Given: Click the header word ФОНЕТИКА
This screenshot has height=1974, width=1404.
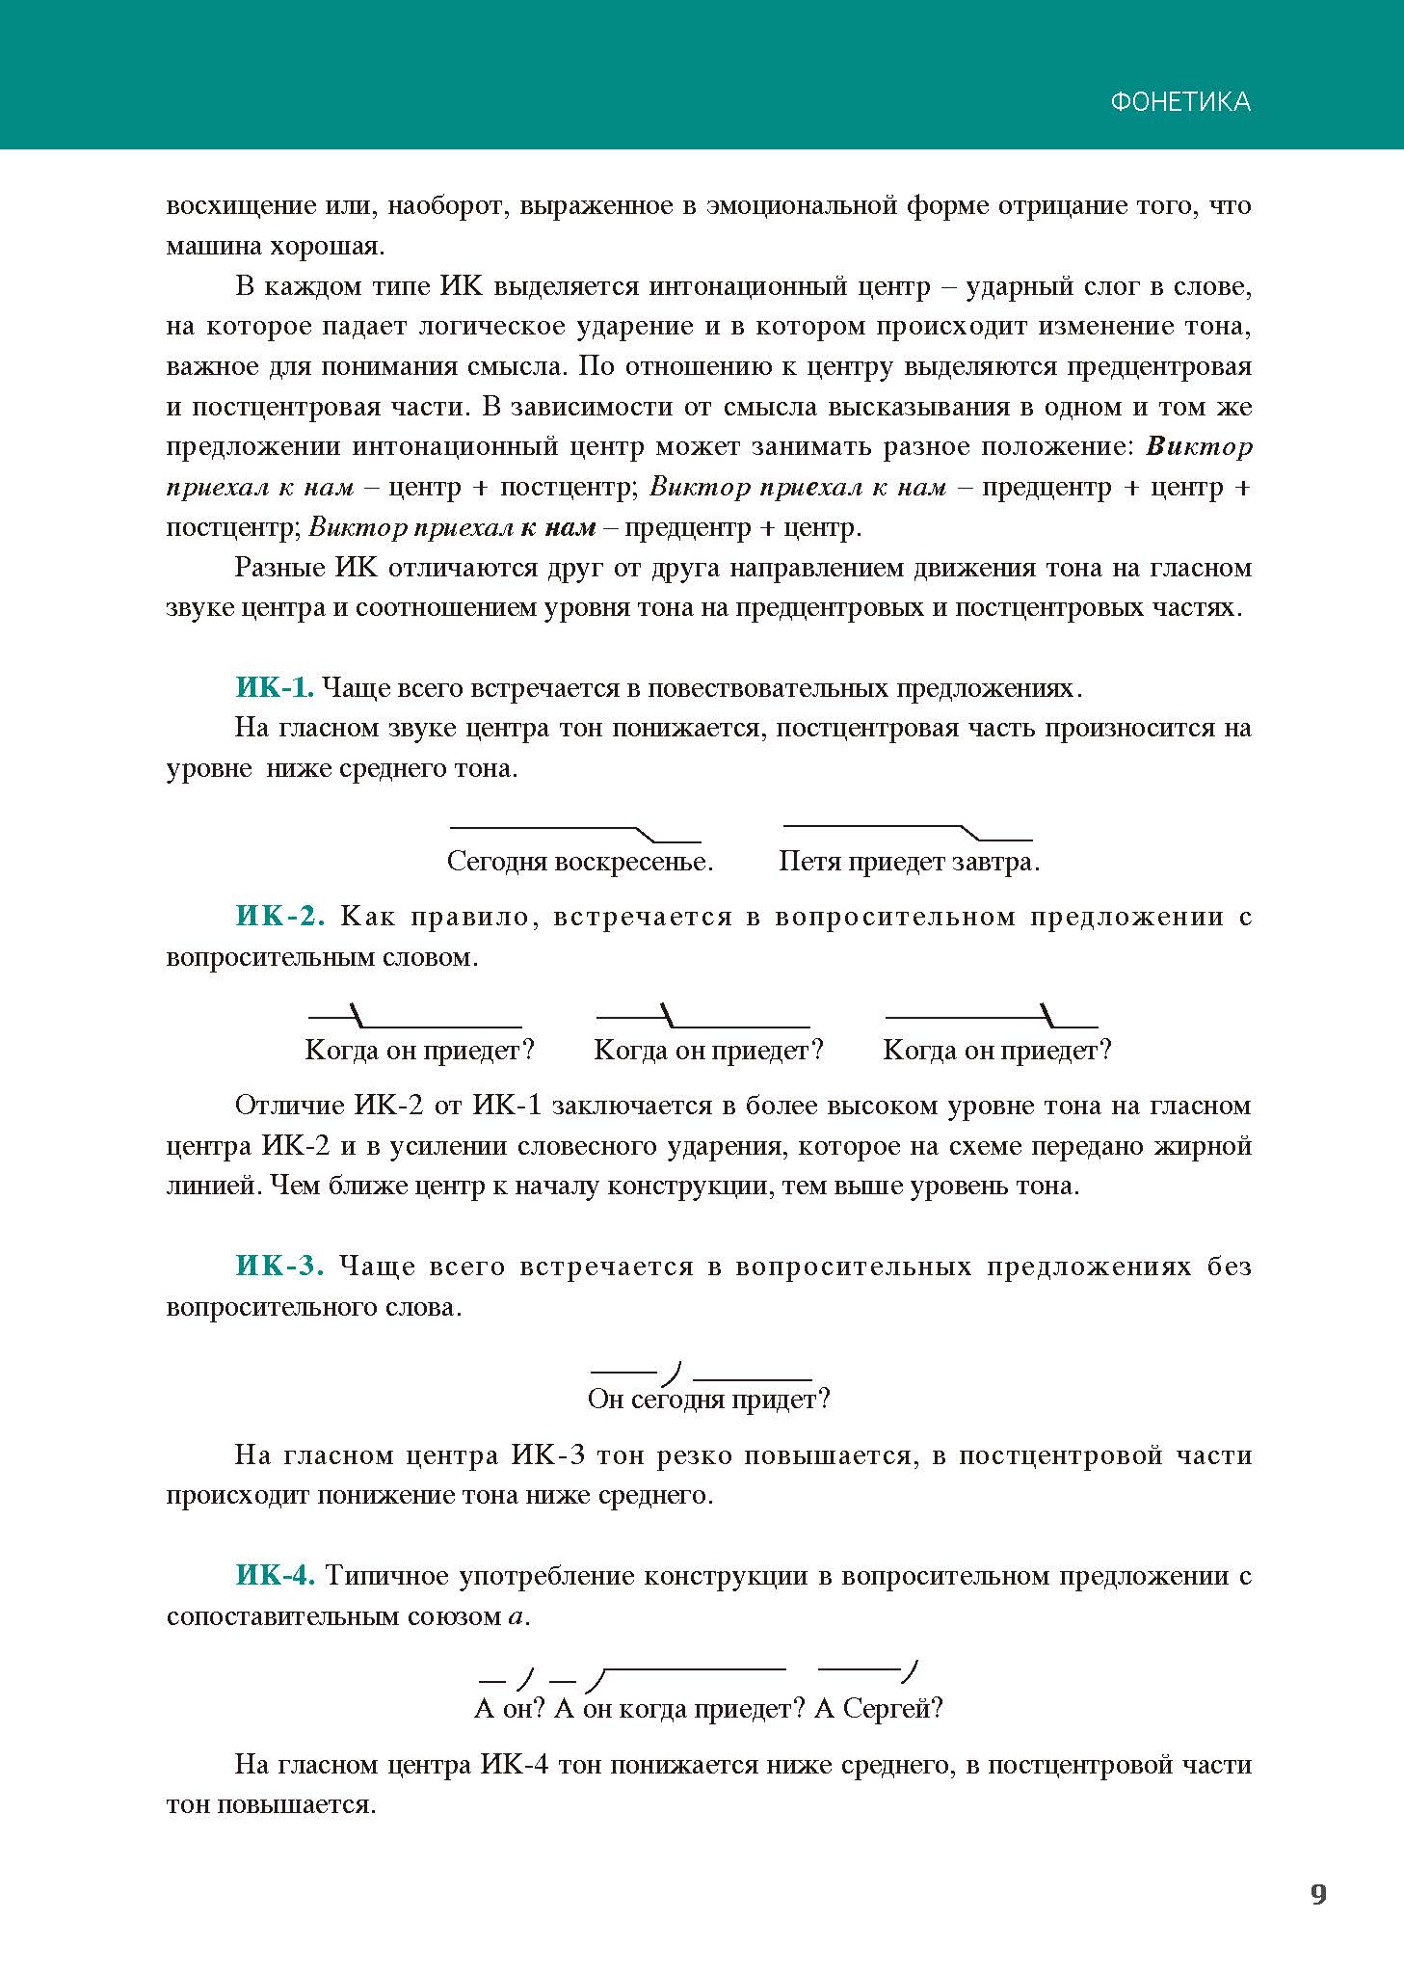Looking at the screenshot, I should [x=1179, y=102].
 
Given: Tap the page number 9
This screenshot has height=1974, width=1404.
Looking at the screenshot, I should [x=1318, y=1894].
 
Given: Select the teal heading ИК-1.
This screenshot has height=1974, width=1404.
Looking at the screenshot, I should [x=274, y=687].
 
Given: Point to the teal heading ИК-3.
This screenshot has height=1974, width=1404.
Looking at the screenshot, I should [x=279, y=1266].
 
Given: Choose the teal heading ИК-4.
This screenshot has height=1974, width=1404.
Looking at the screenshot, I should [x=275, y=1575].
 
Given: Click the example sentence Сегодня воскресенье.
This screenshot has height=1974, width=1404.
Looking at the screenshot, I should [x=579, y=861].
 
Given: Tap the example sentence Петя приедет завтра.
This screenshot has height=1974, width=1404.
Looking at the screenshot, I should [x=909, y=861].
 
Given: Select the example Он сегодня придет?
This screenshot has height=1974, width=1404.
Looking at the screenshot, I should [x=708, y=1399].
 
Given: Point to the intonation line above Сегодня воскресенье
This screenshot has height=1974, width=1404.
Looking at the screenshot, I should [x=575, y=832].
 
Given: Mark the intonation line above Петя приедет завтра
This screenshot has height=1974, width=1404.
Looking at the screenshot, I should [x=908, y=831].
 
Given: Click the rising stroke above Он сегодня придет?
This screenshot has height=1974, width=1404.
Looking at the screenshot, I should [x=674, y=1372].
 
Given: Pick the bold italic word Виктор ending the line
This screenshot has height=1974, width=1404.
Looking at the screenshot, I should [x=1199, y=447].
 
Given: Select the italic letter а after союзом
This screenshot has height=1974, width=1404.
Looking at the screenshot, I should [x=517, y=1616].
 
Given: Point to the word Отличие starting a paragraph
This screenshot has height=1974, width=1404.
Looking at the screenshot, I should [x=290, y=1105].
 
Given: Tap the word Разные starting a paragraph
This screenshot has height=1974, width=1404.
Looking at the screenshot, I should [x=279, y=568].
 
